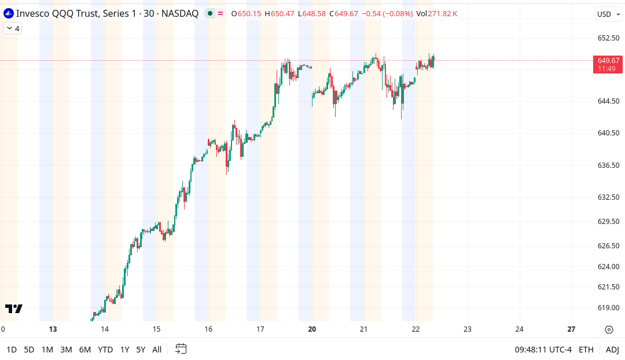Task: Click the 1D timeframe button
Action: pos(12,350)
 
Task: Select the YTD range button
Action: pos(105,350)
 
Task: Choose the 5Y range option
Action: pos(141,350)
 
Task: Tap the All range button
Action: pos(157,350)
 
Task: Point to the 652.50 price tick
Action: pos(608,38)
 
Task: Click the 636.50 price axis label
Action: pos(608,166)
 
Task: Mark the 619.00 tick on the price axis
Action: pos(608,308)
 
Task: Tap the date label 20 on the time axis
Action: pos(312,329)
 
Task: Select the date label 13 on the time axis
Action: pos(53,329)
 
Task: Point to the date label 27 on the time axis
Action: pos(571,329)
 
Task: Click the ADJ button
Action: pos(612,350)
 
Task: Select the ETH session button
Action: pos(586,350)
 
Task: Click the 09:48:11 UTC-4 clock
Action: pos(543,350)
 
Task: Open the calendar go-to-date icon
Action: pos(181,349)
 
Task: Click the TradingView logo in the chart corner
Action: pos(14,308)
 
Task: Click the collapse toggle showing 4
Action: pos(13,28)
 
